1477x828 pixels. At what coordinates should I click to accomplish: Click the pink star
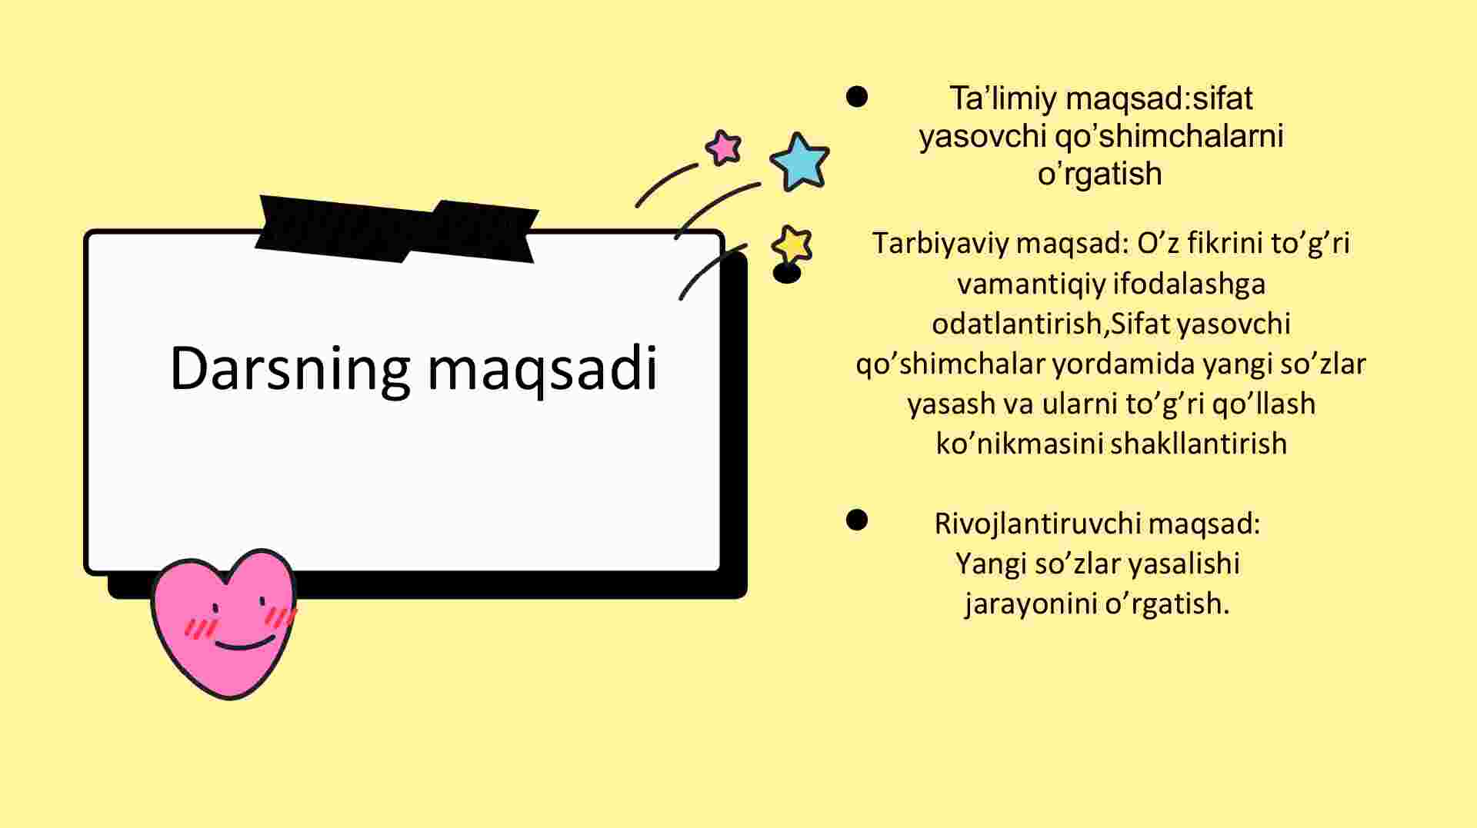click(x=724, y=147)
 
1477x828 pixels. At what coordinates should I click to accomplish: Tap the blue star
click(x=800, y=161)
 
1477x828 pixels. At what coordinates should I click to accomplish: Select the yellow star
click(x=792, y=244)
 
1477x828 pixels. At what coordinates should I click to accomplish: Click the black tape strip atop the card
click(x=397, y=228)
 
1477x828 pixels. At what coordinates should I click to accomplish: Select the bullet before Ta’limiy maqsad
click(x=857, y=97)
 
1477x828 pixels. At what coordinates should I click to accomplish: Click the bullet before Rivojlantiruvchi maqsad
click(x=857, y=520)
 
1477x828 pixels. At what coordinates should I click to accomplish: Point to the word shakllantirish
click(x=1199, y=444)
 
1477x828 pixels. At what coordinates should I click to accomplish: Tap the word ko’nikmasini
click(x=1019, y=444)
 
